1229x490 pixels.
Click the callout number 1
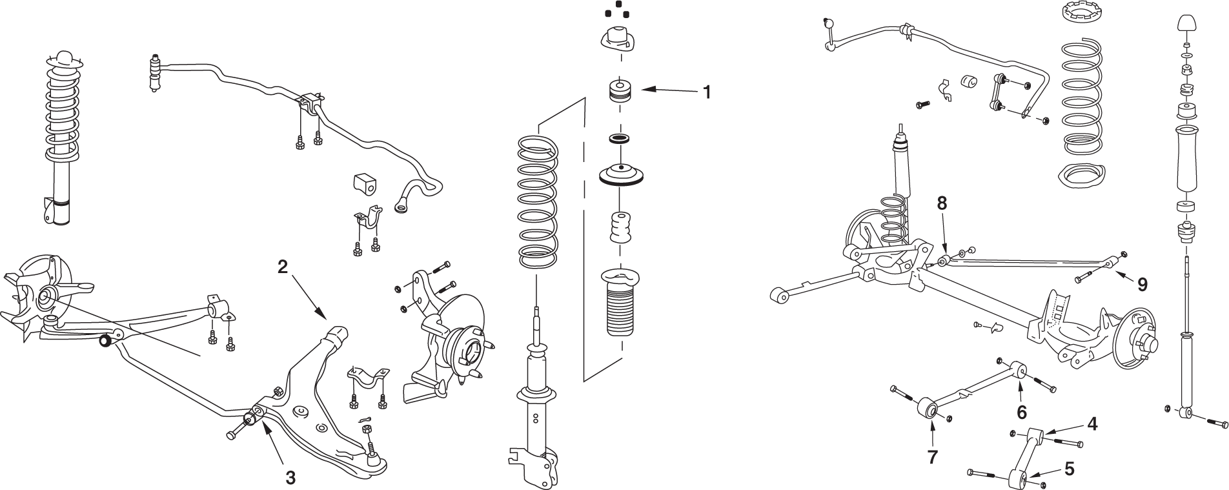click(707, 92)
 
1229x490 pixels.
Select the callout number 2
click(283, 267)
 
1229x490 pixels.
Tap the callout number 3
click(290, 478)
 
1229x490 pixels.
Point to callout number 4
click(1092, 424)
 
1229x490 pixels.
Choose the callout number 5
click(1070, 469)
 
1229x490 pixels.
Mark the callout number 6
click(1022, 411)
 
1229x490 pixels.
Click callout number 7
click(932, 457)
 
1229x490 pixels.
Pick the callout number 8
click(942, 203)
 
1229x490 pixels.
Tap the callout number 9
click(1143, 285)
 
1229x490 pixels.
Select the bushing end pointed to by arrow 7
click(929, 409)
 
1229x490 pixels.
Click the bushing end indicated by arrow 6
click(1018, 370)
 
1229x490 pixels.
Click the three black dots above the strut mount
click(616, 12)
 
